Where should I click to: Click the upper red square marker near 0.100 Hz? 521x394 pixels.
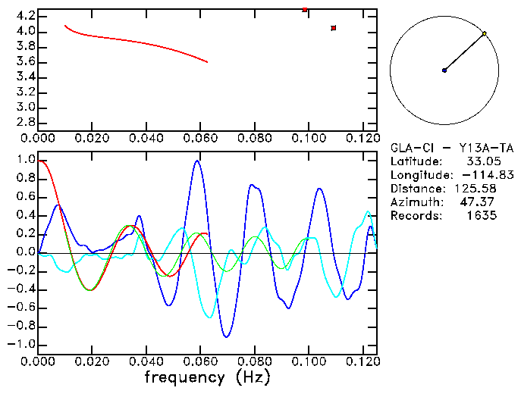pos(305,10)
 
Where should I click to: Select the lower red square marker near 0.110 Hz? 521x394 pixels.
pos(334,28)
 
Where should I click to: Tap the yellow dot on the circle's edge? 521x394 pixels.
pos(484,33)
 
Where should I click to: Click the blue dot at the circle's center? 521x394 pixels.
pos(444,70)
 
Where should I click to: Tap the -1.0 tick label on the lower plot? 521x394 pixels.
pos(21,344)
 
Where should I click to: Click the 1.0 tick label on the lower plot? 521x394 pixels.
pos(25,161)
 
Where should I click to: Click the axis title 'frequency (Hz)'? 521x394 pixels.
pos(207,377)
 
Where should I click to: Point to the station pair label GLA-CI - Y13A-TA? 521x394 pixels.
pos(452,148)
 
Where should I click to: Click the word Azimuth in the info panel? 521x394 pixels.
pos(414,202)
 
